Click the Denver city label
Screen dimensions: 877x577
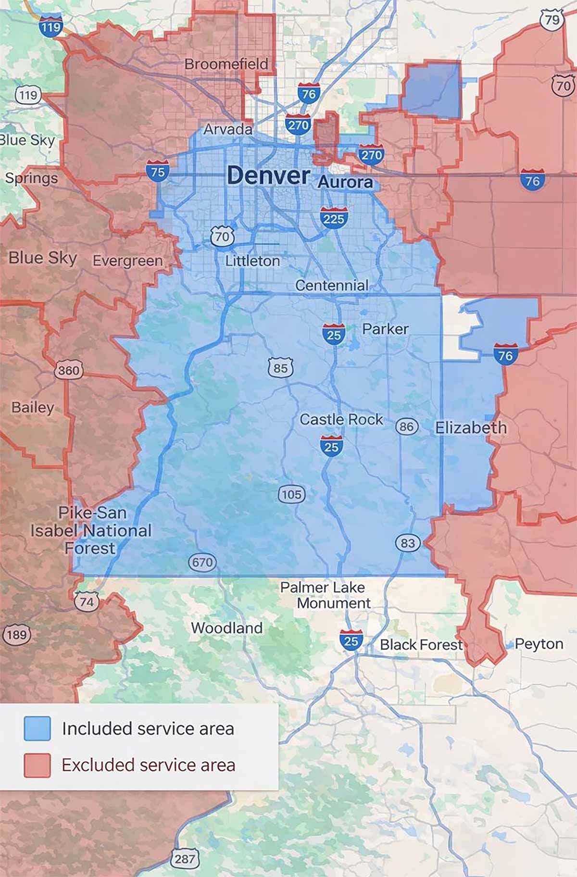[268, 175]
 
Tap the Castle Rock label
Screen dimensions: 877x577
[341, 419]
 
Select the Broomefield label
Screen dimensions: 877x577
[226, 63]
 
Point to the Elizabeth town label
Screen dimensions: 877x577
[471, 427]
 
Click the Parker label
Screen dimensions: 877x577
[385, 329]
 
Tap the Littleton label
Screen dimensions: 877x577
[252, 261]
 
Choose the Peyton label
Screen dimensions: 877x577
[539, 644]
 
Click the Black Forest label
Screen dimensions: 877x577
[421, 645]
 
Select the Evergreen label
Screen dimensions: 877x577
[127, 261]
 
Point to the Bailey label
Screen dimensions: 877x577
[33, 407]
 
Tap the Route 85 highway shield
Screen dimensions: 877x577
[280, 368]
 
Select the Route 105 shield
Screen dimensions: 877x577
[291, 494]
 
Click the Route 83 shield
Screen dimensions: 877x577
[407, 543]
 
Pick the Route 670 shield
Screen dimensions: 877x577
[202, 562]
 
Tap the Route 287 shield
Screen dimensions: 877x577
[185, 859]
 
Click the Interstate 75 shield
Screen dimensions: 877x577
[158, 171]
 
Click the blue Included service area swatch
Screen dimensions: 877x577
[38, 728]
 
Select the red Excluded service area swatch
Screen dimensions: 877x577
[38, 764]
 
